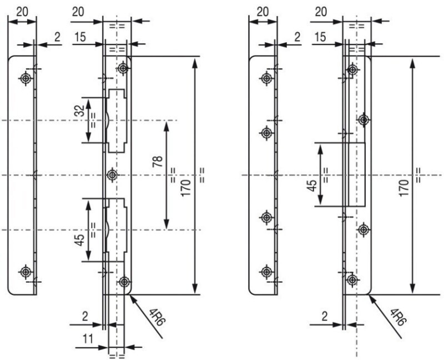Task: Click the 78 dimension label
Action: tap(158, 161)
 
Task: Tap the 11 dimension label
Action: tap(88, 338)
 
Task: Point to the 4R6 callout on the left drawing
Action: tap(157, 317)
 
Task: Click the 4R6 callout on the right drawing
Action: tap(398, 317)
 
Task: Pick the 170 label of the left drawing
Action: tap(185, 188)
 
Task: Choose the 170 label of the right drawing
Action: tap(404, 188)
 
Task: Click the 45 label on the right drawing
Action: tap(312, 186)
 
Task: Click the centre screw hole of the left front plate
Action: tap(113, 175)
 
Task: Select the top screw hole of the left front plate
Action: tap(123, 68)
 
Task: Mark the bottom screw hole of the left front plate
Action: tap(124, 282)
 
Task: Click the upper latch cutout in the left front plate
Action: tap(116, 121)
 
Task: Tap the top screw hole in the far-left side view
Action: tap(26, 78)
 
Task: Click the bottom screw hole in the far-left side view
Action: tap(26, 272)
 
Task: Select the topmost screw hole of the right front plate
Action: tap(352, 70)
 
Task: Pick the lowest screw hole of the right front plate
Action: tap(352, 280)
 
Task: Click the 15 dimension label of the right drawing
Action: tap(320, 37)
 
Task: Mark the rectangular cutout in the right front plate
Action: tap(356, 174)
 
